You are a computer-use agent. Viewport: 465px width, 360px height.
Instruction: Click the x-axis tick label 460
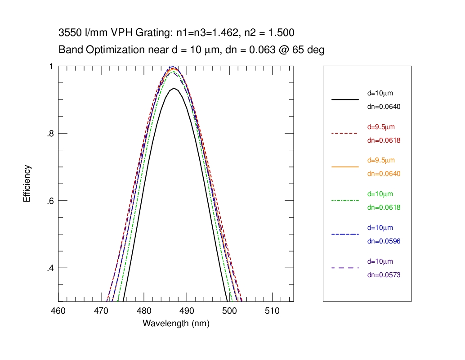tap(58, 311)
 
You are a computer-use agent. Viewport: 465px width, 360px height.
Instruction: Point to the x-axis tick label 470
tap(101, 311)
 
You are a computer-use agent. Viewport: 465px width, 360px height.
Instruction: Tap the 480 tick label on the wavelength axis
tap(143, 311)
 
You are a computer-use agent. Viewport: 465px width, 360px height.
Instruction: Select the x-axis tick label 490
tap(186, 311)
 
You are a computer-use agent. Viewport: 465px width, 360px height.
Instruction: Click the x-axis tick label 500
tap(229, 311)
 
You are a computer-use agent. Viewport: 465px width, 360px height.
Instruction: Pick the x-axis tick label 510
tap(272, 311)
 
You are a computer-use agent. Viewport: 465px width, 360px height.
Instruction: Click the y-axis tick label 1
tap(51, 66)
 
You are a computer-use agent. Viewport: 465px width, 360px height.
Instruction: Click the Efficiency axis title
tap(27, 184)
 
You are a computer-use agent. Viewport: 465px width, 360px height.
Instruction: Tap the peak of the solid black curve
tap(174, 88)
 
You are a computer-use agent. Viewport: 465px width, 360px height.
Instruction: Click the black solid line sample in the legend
tap(345, 99)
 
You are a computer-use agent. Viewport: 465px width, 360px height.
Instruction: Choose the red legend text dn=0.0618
tap(384, 140)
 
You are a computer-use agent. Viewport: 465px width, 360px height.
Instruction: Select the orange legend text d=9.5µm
tap(380, 161)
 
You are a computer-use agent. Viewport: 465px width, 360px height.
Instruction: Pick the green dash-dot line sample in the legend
tap(345, 200)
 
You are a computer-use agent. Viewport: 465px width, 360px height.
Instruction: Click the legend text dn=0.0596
tap(384, 241)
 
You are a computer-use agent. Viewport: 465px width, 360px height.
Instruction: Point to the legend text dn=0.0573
tap(384, 275)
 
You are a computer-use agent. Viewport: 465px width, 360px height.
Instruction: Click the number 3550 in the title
tap(68, 33)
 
